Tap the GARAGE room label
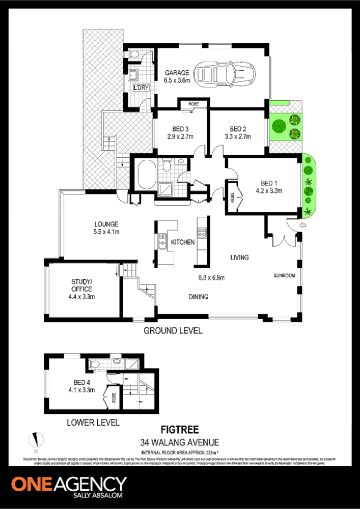(x=177, y=73)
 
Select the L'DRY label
(x=141, y=88)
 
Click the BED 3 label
(x=177, y=129)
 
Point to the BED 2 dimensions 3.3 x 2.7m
(x=237, y=136)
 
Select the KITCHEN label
(x=183, y=242)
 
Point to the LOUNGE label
(x=106, y=224)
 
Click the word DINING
(x=199, y=297)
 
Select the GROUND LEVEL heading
(x=173, y=331)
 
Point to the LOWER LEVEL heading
(x=94, y=422)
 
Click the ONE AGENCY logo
(x=69, y=484)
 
